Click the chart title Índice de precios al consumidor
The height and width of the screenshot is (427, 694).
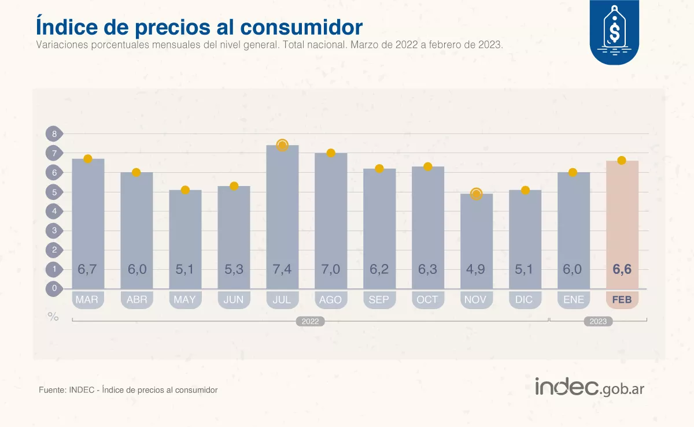click(199, 27)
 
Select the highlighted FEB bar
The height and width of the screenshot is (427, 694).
click(622, 225)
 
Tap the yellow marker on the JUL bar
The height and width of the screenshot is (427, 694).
click(282, 145)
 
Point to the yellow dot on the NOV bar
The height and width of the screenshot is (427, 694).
click(476, 194)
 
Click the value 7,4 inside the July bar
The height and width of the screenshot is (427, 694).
click(282, 269)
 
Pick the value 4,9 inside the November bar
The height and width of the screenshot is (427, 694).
click(476, 269)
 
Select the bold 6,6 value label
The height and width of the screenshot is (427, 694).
click(622, 269)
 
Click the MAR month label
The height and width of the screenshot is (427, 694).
click(87, 300)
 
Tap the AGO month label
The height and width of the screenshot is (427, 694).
click(330, 300)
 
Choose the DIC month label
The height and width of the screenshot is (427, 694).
click(524, 300)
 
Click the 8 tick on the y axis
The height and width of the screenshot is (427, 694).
click(54, 134)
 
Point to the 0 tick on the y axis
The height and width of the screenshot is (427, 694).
click(54, 288)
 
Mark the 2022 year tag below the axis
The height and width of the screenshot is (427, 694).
click(310, 321)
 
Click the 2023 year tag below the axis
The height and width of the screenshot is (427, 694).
click(598, 321)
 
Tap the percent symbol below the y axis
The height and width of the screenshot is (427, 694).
click(53, 317)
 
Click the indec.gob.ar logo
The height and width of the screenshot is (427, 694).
click(589, 388)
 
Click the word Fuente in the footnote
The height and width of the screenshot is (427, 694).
click(51, 390)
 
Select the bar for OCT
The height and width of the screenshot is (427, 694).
click(428, 228)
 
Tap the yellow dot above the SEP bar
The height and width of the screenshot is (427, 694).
click(379, 169)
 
